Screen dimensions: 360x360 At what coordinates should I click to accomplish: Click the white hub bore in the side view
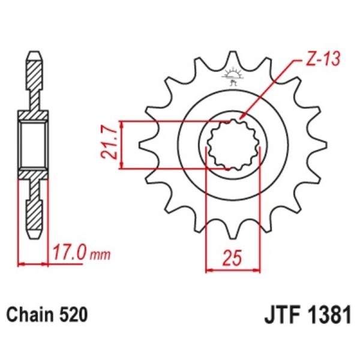coord(34,145)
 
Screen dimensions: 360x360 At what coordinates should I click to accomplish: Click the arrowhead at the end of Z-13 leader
coord(241,117)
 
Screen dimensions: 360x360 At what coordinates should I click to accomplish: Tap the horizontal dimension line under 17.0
coord(34,263)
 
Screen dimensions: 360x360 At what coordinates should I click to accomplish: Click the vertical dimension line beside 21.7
coord(122,145)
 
